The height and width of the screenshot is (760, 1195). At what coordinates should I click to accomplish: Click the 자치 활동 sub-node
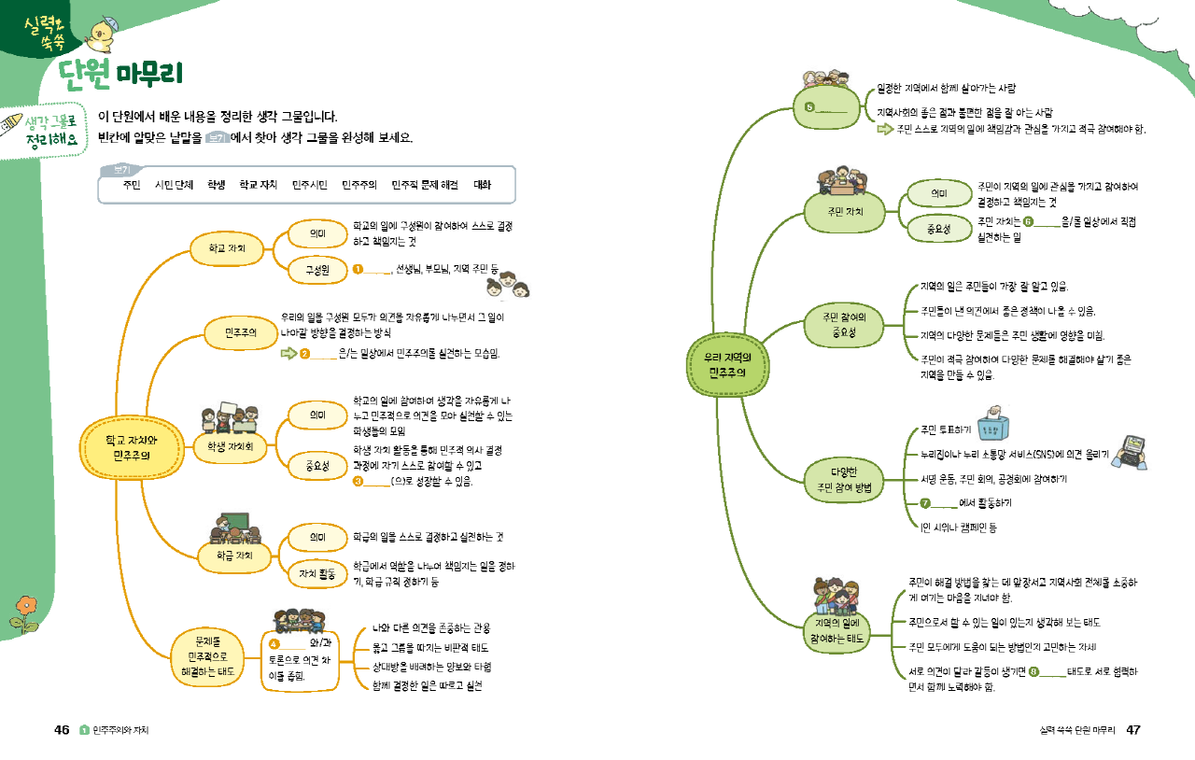point(317,573)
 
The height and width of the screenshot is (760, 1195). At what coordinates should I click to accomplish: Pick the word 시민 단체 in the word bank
point(174,185)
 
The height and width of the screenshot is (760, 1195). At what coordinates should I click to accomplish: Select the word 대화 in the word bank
point(482,185)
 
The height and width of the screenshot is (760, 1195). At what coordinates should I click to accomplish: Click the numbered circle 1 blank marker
point(358,271)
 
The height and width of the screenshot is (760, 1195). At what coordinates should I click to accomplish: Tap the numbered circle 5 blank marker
point(809,106)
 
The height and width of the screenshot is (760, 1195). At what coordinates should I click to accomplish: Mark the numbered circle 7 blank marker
point(926,503)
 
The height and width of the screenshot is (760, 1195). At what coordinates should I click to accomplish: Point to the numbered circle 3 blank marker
point(358,482)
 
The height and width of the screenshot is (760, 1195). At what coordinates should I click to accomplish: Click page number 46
point(62,729)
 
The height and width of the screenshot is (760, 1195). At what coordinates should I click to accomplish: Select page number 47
point(1133,729)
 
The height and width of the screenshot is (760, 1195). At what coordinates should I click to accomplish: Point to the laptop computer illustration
point(1132,451)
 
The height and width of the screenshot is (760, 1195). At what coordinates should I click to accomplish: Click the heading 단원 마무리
point(120,72)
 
